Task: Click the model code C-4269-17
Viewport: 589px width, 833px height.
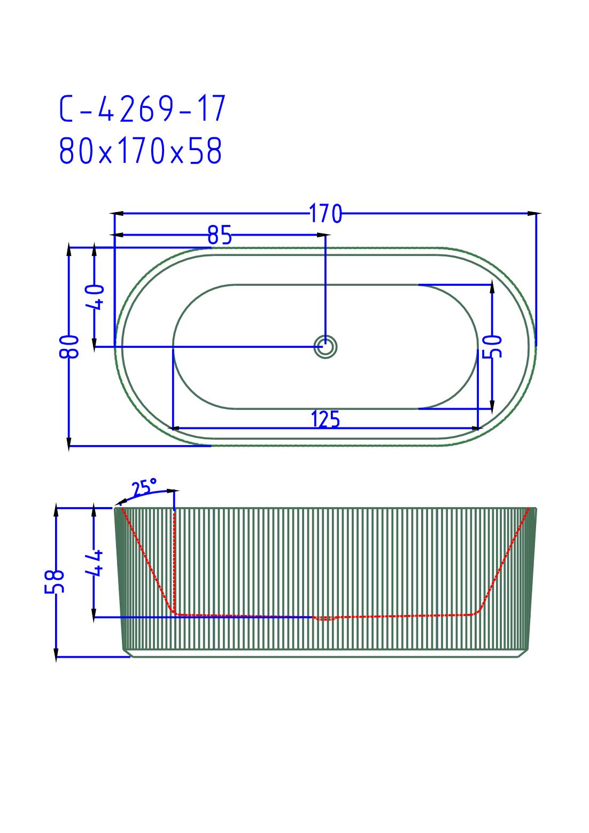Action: tap(143, 108)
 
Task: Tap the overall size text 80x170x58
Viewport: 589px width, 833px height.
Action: tap(141, 151)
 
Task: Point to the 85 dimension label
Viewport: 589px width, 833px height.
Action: tap(220, 235)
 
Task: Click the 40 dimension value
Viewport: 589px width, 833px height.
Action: tap(95, 297)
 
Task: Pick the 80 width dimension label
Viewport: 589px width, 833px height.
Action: tap(69, 346)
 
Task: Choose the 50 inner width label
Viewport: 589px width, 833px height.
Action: tap(492, 346)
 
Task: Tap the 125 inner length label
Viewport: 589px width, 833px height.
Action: tap(325, 419)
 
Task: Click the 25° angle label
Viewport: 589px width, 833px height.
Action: tap(144, 487)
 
